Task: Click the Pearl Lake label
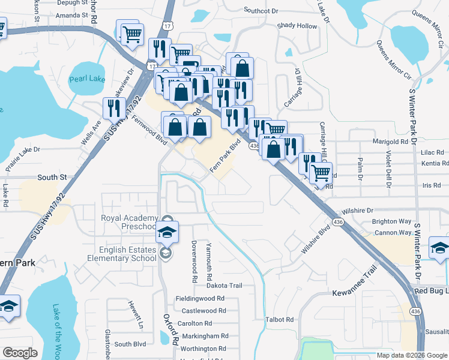pos(86,79)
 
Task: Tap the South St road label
pos(51,178)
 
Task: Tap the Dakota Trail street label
pos(224,286)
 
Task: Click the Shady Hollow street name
pos(297,26)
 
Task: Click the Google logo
pos(19,352)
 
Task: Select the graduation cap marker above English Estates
pos(167,231)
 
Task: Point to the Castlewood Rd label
pos(203,311)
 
